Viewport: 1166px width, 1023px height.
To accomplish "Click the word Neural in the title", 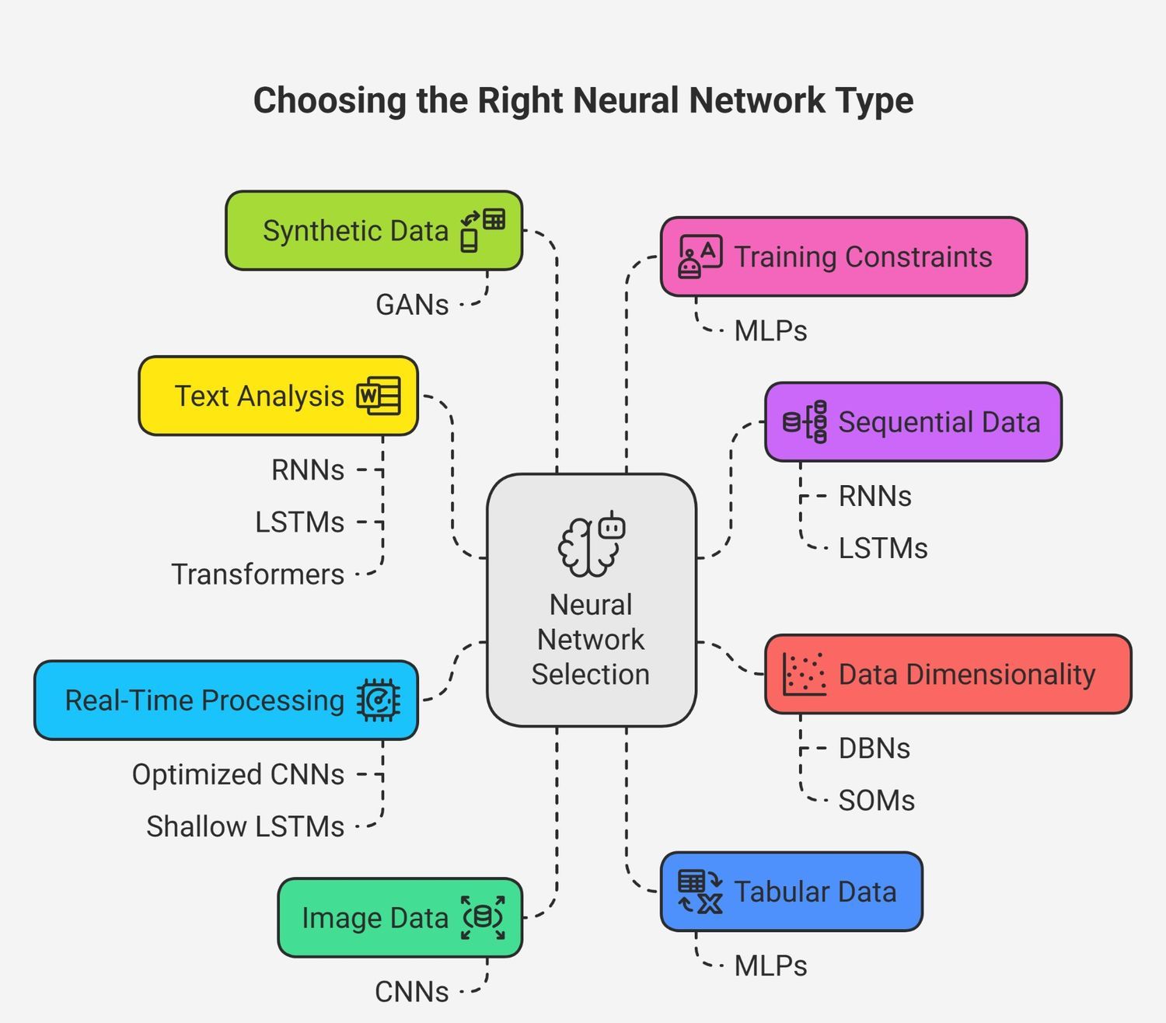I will click(x=628, y=101).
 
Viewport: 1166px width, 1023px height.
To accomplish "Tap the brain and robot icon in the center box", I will click(x=592, y=545).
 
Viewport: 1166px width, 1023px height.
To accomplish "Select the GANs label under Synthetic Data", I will click(x=412, y=305).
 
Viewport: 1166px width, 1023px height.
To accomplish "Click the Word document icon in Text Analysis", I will click(x=379, y=396).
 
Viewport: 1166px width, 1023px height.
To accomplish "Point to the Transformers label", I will click(x=257, y=574).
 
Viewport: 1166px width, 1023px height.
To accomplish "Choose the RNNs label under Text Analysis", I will click(x=308, y=470).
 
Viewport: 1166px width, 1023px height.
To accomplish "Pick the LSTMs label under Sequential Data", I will click(x=883, y=549).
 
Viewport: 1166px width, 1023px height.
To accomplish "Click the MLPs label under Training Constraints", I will click(x=770, y=331).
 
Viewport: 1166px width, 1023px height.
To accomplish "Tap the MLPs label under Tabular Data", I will click(x=770, y=966).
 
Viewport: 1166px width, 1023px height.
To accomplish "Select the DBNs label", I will click(x=874, y=749).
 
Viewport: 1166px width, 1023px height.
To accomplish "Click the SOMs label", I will click(x=876, y=801).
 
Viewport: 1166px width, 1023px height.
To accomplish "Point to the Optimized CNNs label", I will click(x=238, y=775).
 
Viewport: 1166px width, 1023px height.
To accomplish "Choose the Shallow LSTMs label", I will click(x=245, y=827).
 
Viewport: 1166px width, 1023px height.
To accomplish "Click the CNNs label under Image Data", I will click(x=411, y=993).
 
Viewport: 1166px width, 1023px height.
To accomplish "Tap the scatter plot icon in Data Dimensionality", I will click(x=804, y=674).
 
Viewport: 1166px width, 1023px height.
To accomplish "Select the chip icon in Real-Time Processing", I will click(x=379, y=700).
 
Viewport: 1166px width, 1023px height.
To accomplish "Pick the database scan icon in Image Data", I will click(x=483, y=918).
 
